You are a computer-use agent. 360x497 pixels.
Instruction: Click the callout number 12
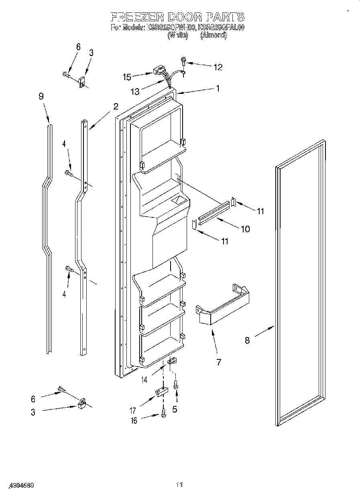click(x=218, y=67)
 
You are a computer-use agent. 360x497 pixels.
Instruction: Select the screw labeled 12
click(x=183, y=61)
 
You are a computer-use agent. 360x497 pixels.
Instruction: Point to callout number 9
click(x=41, y=96)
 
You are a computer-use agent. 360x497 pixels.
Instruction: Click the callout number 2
click(x=116, y=106)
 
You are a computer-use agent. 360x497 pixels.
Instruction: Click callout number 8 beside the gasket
click(x=247, y=340)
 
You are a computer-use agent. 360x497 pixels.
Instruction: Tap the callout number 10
click(x=245, y=229)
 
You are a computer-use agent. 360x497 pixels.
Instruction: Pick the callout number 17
click(x=133, y=410)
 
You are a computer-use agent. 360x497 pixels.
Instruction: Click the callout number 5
click(x=175, y=410)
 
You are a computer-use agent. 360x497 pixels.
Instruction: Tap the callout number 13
click(x=135, y=92)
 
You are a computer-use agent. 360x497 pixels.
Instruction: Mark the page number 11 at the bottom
click(x=179, y=485)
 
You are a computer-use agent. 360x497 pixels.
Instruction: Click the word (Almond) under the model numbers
click(x=214, y=35)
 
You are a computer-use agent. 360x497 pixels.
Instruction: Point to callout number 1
click(x=218, y=89)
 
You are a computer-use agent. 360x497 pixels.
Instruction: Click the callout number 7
click(x=218, y=362)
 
